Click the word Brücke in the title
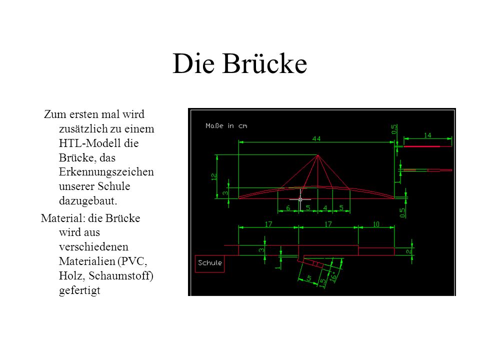[x=264, y=63]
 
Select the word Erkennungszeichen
[x=106, y=171]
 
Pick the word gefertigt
[x=79, y=290]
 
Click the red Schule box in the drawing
[x=209, y=263]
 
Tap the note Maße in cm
[x=226, y=126]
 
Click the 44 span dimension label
[x=316, y=138]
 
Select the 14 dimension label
[x=427, y=135]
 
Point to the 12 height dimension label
[x=214, y=176]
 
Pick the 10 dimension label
[x=376, y=224]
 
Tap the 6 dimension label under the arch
[x=288, y=208]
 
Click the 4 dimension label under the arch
[x=325, y=208]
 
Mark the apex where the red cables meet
[x=318, y=155]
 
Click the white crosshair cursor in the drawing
[x=300, y=199]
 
